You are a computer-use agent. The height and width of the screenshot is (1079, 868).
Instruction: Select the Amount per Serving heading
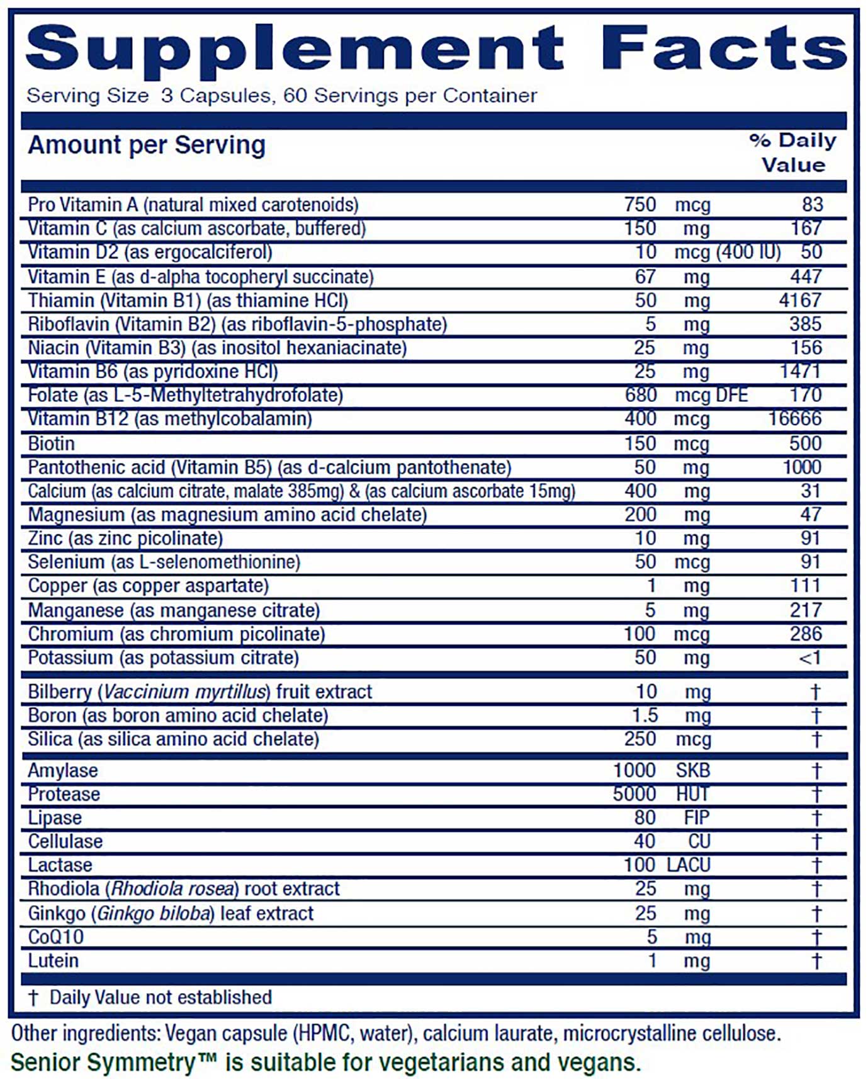(x=147, y=146)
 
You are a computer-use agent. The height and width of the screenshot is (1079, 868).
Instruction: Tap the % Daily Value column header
(x=793, y=152)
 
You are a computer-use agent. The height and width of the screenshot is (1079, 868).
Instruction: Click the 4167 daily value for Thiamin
(x=800, y=300)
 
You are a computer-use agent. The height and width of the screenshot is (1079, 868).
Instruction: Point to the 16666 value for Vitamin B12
(x=795, y=419)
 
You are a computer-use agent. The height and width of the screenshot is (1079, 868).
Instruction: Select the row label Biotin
(x=51, y=443)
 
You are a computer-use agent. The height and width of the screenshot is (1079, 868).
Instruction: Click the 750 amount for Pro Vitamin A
(x=640, y=205)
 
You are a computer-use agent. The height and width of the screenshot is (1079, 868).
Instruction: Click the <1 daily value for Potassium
(x=809, y=658)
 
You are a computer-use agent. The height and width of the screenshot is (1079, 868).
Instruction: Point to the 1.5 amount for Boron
(x=645, y=716)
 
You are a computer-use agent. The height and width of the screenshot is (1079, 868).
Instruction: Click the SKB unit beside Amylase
(x=692, y=770)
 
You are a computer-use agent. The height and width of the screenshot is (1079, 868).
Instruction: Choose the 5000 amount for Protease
(x=634, y=794)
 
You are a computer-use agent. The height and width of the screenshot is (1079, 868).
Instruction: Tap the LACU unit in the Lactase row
(x=688, y=865)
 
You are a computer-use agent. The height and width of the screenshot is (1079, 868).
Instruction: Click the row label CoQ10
(x=55, y=937)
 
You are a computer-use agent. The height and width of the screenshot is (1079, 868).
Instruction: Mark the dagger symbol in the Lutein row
(x=816, y=961)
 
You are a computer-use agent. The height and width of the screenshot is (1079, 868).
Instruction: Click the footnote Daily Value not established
(x=161, y=998)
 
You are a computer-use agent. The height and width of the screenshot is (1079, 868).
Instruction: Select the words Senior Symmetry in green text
(x=104, y=1063)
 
